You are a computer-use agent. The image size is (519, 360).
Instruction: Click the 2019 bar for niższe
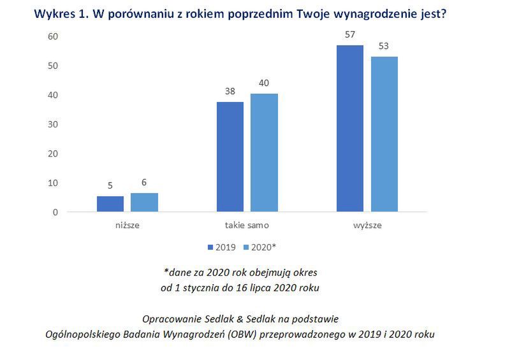[x=110, y=204]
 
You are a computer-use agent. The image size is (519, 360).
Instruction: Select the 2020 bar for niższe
[x=144, y=202]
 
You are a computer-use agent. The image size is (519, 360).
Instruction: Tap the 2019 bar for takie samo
[x=230, y=157]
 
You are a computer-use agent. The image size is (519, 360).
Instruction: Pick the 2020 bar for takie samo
[x=264, y=153]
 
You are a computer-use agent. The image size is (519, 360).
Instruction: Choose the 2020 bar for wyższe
[x=384, y=134]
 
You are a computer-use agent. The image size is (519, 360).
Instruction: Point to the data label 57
[x=350, y=34]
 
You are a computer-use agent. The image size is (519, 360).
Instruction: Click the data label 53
[x=384, y=46]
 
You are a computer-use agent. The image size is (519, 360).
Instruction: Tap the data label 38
[x=230, y=90]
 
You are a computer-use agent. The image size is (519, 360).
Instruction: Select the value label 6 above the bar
[x=144, y=182]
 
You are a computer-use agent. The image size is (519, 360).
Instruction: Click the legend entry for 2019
[x=221, y=246]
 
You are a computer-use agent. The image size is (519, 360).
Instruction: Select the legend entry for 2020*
[x=261, y=246]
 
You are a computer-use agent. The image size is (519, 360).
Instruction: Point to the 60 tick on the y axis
[x=53, y=36]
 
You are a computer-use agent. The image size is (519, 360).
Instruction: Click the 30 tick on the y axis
[x=53, y=124]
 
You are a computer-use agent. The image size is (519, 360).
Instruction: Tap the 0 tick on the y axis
[x=55, y=212]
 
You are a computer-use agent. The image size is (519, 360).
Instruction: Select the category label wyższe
[x=367, y=225]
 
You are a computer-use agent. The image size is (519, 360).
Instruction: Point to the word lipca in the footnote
[x=259, y=287]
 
